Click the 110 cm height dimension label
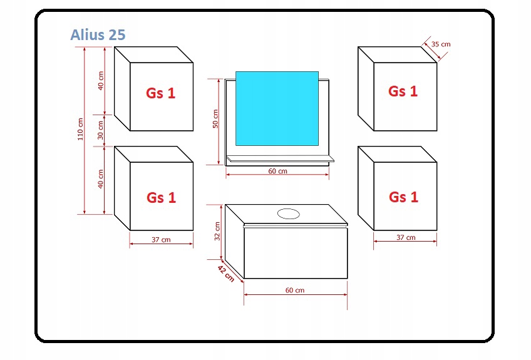click(x=80, y=130)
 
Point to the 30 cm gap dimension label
click(x=101, y=130)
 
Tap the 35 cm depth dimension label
click(x=441, y=44)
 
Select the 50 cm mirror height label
click(x=215, y=119)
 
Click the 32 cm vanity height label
click(x=217, y=231)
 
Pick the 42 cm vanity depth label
click(x=225, y=273)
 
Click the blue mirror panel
click(x=277, y=108)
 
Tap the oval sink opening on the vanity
click(x=289, y=213)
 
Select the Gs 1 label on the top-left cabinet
click(x=161, y=93)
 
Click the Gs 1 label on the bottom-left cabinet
click(x=161, y=198)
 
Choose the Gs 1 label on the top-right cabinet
click(x=403, y=91)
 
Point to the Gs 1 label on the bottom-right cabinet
click(x=403, y=197)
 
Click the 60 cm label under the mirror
click(x=277, y=172)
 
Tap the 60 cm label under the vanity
click(x=295, y=290)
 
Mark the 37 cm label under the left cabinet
click(x=161, y=240)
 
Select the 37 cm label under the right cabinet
click(x=406, y=237)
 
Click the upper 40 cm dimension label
click(x=101, y=81)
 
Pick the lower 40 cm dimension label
click(x=101, y=179)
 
